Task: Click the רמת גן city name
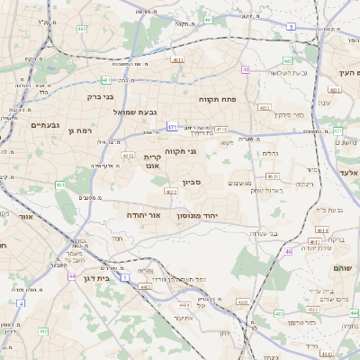(x=82, y=131)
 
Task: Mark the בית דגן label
(x=93, y=278)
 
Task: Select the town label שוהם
(x=342, y=267)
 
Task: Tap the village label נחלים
(x=267, y=153)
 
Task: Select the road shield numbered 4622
(x=171, y=191)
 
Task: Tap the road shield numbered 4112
(x=128, y=155)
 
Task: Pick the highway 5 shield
(x=290, y=27)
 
